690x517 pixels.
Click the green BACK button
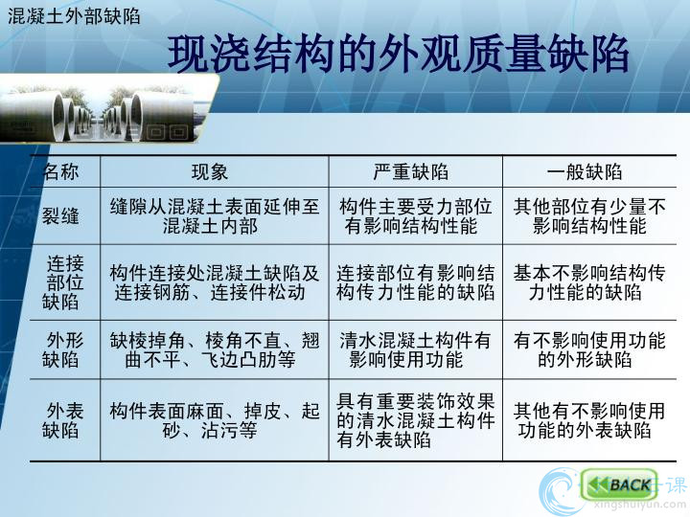tap(618, 484)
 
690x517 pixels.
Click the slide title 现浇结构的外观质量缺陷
tap(399, 55)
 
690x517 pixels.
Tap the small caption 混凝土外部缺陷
tap(74, 16)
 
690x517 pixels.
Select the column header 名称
tap(60, 171)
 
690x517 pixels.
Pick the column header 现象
tap(210, 171)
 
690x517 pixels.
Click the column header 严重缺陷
tap(410, 171)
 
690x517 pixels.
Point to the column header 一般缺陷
tap(585, 171)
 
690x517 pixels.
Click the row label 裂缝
tap(60, 215)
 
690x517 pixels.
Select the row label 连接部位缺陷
tap(63, 282)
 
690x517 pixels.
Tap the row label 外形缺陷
tap(63, 350)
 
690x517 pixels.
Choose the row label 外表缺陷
tap(63, 420)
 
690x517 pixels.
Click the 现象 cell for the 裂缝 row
tap(215, 215)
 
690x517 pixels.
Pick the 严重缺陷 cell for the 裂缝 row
tap(415, 215)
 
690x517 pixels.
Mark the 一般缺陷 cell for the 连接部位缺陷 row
tap(588, 282)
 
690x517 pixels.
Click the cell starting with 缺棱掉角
tap(215, 350)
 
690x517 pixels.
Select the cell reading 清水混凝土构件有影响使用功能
tap(415, 350)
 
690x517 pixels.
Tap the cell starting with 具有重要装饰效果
tap(415, 420)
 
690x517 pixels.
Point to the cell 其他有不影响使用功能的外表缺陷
tap(588, 420)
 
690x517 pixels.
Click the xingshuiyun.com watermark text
tap(639, 506)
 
